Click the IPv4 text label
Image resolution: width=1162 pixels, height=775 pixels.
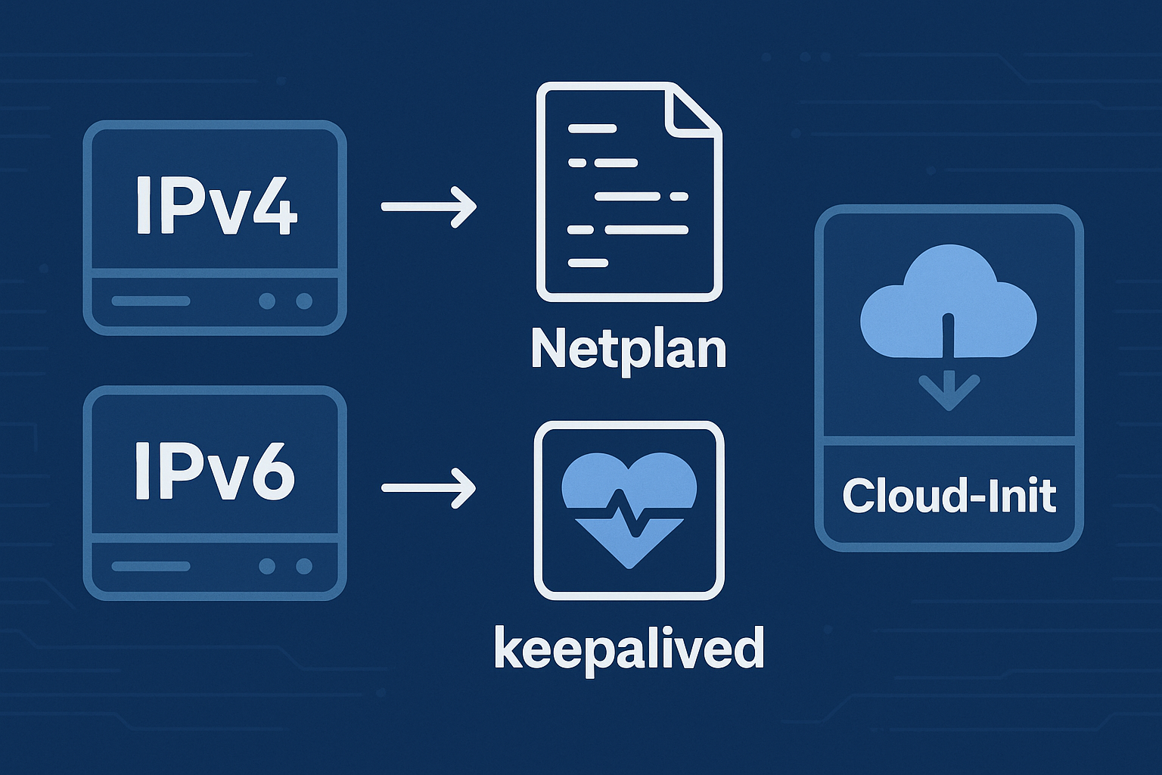216,204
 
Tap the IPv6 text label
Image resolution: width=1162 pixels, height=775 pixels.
215,470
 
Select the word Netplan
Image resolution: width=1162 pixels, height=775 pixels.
628,349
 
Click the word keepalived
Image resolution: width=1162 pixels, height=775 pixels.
629,648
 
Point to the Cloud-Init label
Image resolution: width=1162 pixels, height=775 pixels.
949,496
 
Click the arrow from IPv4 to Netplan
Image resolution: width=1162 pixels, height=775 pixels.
428,206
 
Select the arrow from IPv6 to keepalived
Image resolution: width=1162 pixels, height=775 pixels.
428,488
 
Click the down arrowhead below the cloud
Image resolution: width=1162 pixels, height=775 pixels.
949,394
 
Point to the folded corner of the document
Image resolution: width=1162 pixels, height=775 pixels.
691,110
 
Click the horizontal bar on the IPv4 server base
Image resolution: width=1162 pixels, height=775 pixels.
151,301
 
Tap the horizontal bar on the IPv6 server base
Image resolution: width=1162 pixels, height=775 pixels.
151,566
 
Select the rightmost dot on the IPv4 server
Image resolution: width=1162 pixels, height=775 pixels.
304,301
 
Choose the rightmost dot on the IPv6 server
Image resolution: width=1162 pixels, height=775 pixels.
304,566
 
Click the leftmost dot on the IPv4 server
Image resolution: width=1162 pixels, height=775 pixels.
266,301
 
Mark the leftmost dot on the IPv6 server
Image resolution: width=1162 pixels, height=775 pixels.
266,566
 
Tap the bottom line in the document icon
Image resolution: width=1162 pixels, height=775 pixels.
588,263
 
